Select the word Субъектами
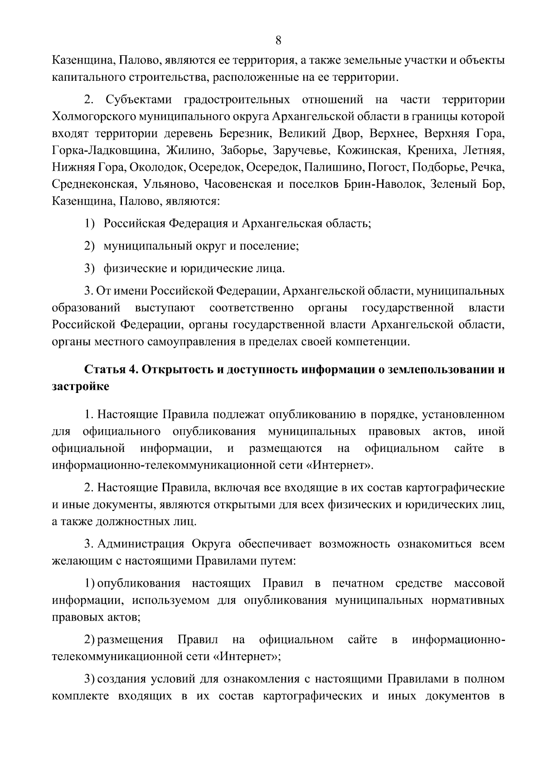coord(139,99)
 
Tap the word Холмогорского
coord(96,117)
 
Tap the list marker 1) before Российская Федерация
coord(89,224)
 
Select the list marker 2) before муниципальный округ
coord(89,246)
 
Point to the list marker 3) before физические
coord(89,269)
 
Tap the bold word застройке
coord(80,387)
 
